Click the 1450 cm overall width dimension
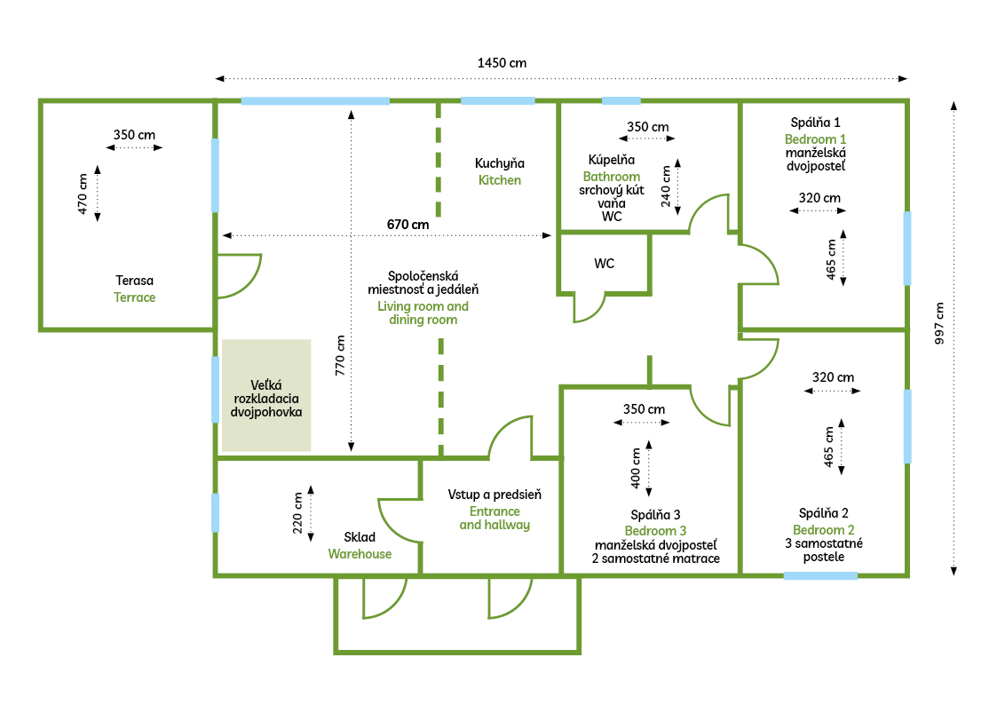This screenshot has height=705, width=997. coord(502,63)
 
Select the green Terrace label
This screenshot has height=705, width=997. coord(134,297)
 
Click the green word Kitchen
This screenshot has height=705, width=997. coord(500,180)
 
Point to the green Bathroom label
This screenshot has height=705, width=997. coord(612,177)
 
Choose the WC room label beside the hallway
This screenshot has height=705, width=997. coord(605,264)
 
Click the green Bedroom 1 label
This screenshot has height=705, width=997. coord(815,139)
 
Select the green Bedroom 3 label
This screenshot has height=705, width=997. coord(655,531)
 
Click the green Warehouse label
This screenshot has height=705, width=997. coord(360,554)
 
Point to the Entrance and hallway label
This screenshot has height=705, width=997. coord(495,518)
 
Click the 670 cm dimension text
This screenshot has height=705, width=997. coord(408,225)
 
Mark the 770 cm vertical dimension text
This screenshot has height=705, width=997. coord(340,355)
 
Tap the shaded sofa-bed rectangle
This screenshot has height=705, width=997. coord(266,395)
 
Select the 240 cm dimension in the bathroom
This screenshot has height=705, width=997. coord(666,186)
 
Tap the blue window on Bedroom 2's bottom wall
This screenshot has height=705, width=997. coord(820,575)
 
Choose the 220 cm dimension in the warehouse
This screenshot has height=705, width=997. coord(298,513)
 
